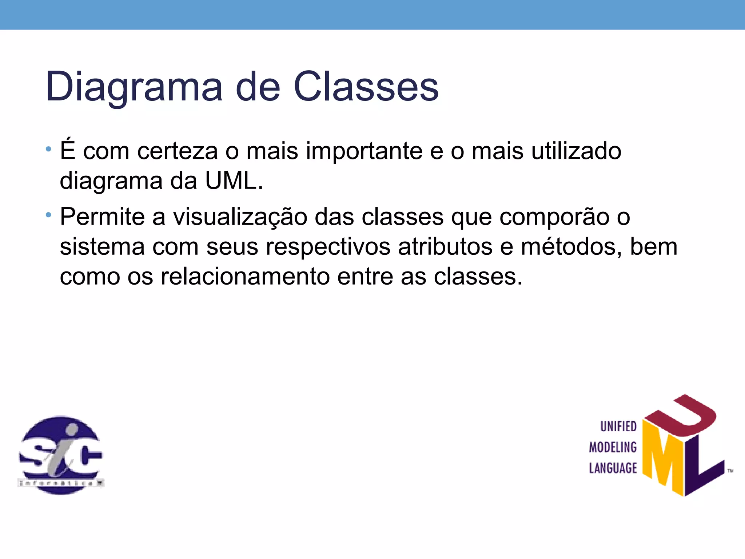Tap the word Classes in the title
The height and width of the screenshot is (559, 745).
point(366,87)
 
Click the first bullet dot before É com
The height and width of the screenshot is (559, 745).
point(48,149)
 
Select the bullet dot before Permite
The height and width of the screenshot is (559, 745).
point(48,215)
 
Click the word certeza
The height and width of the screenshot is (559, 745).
point(178,151)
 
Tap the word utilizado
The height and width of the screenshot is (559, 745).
point(576,151)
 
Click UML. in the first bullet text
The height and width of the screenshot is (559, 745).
point(234,181)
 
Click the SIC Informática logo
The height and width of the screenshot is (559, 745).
point(61,455)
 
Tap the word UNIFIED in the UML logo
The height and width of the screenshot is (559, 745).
point(618,427)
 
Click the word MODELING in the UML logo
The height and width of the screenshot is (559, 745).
point(613,447)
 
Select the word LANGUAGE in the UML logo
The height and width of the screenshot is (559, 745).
point(613,468)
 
